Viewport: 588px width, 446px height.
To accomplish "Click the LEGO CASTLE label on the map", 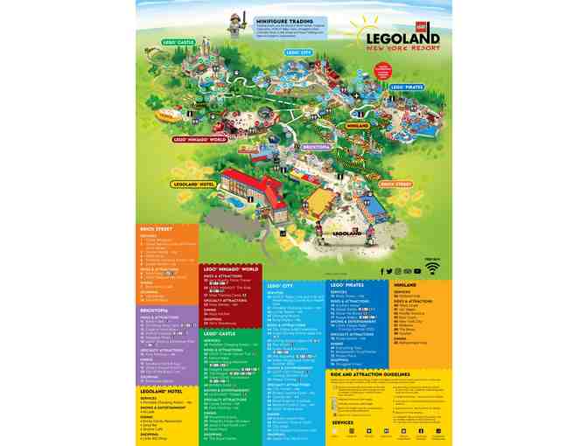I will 178,42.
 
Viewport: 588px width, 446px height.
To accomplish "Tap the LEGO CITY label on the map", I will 300,52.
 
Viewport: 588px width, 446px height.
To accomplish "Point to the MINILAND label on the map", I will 358,126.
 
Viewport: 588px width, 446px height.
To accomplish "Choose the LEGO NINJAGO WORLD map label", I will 201,139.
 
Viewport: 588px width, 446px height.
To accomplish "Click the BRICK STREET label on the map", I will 395,185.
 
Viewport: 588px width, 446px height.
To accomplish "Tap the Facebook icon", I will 382,271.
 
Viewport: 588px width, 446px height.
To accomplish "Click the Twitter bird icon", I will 390,271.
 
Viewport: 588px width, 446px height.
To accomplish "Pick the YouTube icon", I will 417,271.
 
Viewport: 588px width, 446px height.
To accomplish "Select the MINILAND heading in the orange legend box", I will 404,284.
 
